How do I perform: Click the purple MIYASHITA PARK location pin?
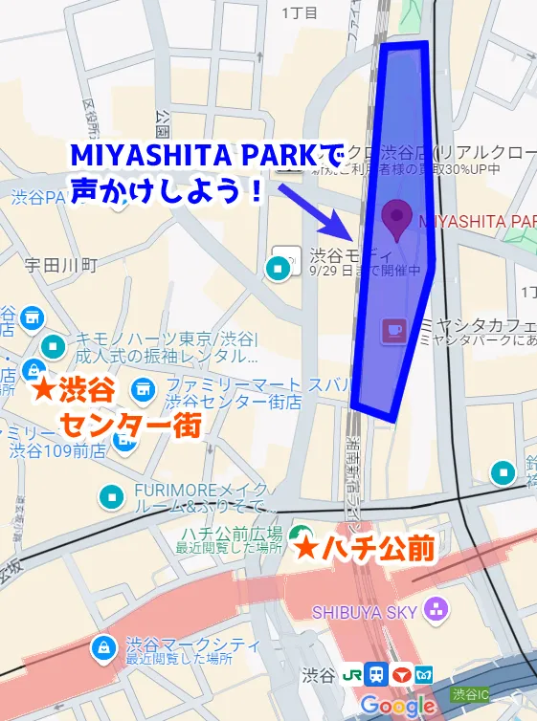coord(394,216)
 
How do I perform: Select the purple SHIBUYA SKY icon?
coord(436,608)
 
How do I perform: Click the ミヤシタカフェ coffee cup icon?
coord(393,331)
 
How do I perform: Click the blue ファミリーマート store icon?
coord(144,387)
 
